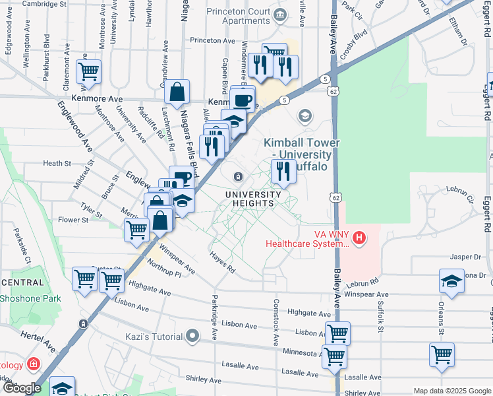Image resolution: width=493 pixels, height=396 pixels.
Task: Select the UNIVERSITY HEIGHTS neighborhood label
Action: (x=249, y=199)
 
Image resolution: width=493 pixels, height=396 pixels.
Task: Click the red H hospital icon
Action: (x=359, y=237)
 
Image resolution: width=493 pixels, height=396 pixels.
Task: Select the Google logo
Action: (x=21, y=388)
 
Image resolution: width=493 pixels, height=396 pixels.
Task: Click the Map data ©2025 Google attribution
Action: (x=452, y=391)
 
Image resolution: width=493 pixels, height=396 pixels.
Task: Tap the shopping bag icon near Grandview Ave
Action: (x=177, y=94)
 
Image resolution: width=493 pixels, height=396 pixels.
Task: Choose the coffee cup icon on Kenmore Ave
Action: (x=243, y=100)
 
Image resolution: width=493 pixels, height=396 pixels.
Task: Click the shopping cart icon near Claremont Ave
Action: (x=88, y=71)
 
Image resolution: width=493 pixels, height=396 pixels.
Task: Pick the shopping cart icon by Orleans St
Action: (x=441, y=354)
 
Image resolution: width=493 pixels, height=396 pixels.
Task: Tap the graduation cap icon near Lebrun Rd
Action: (x=451, y=281)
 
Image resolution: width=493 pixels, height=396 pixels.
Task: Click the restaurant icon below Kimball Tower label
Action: (x=283, y=171)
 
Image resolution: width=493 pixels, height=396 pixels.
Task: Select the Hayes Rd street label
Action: (x=222, y=265)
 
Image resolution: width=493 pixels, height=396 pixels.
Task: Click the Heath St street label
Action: (x=57, y=163)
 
